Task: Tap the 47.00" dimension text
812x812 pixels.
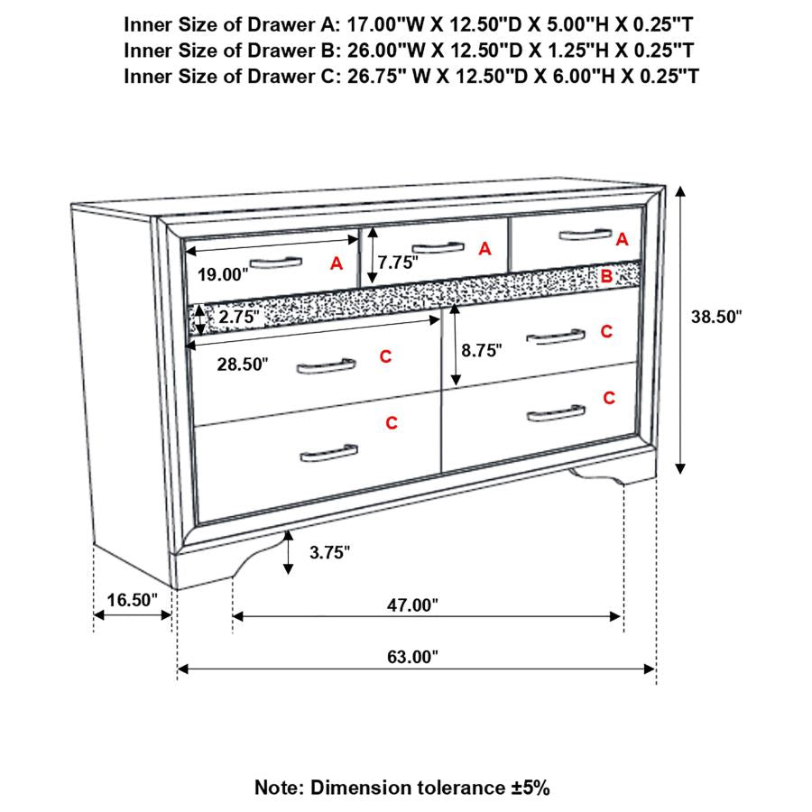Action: click(412, 605)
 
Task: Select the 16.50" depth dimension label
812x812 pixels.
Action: click(132, 599)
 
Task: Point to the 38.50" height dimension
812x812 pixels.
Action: click(715, 317)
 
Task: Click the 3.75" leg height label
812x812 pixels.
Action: click(329, 552)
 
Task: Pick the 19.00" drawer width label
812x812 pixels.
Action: click(217, 274)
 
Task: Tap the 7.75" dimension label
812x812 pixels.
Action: click(399, 263)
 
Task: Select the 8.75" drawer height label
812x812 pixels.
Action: click(480, 351)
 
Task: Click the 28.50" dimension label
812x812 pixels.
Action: click(244, 364)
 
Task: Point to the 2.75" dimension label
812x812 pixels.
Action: click(239, 318)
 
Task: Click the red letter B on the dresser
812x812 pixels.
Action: click(606, 276)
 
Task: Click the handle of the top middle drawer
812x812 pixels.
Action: click(437, 248)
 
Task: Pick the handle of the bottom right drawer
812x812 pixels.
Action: click(556, 414)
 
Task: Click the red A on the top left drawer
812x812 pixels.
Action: click(337, 263)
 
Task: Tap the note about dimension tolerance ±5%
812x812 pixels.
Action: click(401, 788)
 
